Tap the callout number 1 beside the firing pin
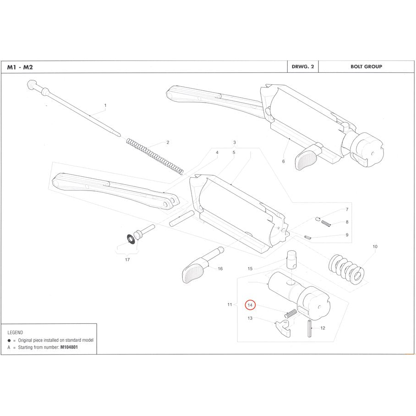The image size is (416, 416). tap(105, 105)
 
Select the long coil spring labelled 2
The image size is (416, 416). tap(155, 156)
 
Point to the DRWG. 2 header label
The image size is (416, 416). tap(301, 66)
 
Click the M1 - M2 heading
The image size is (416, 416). tap(20, 67)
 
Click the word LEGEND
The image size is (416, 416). tap(15, 332)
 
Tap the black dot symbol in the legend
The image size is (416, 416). tap(9, 340)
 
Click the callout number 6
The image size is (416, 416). tap(283, 161)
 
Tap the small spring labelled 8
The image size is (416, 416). tap(326, 223)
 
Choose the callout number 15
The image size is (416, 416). tap(250, 268)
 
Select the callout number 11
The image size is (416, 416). tap(230, 304)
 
